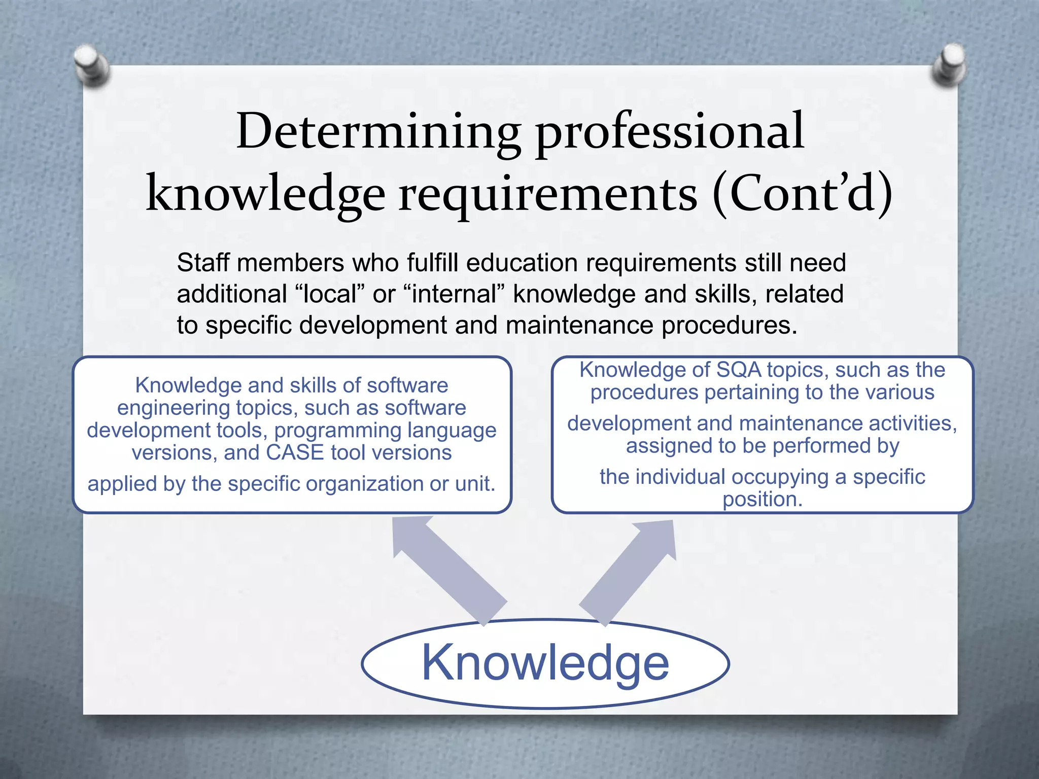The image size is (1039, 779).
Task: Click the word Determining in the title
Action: pyautogui.click(x=378, y=131)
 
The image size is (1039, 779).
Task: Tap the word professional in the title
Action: pyautogui.click(x=670, y=133)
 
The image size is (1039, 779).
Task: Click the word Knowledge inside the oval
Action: pyautogui.click(x=545, y=663)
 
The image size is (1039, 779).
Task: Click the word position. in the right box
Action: pyautogui.click(x=763, y=500)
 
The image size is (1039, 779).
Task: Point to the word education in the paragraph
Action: pyautogui.click(x=522, y=263)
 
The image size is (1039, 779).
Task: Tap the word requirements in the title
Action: pyautogui.click(x=548, y=195)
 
